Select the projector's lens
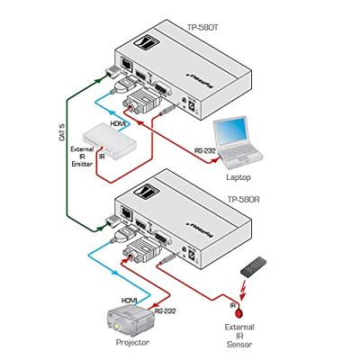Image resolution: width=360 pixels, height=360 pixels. [114, 324]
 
